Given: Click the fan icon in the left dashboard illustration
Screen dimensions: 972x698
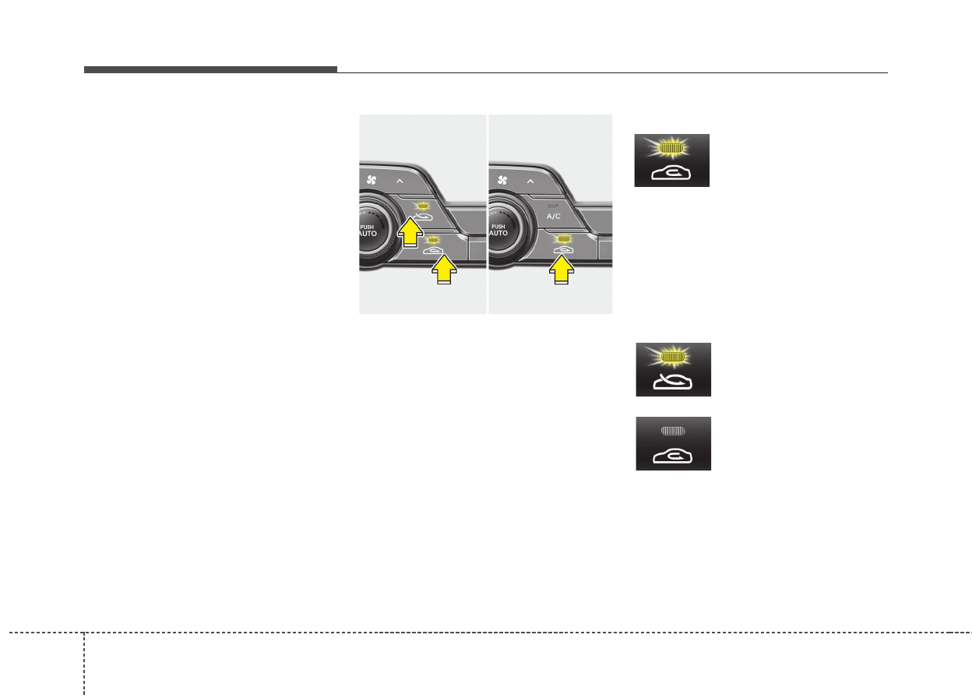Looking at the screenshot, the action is tap(372, 180).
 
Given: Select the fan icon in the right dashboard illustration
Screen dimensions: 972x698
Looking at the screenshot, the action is tap(502, 180).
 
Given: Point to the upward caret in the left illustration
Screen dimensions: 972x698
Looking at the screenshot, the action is tap(400, 181).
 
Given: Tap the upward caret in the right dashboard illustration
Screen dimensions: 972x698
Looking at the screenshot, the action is tap(530, 181).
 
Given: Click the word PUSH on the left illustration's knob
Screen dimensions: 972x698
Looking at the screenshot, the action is tap(367, 227).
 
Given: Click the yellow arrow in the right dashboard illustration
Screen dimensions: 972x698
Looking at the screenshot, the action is tap(562, 270).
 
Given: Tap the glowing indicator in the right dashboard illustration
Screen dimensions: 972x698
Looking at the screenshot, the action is tap(561, 238).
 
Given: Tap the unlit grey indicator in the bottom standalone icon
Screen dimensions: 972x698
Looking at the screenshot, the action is tap(673, 429).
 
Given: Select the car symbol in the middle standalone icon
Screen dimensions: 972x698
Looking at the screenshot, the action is tap(673, 381).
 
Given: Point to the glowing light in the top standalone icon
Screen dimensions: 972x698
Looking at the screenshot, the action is tap(671, 146).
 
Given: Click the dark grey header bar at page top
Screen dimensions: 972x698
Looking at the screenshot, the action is tap(210, 69).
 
